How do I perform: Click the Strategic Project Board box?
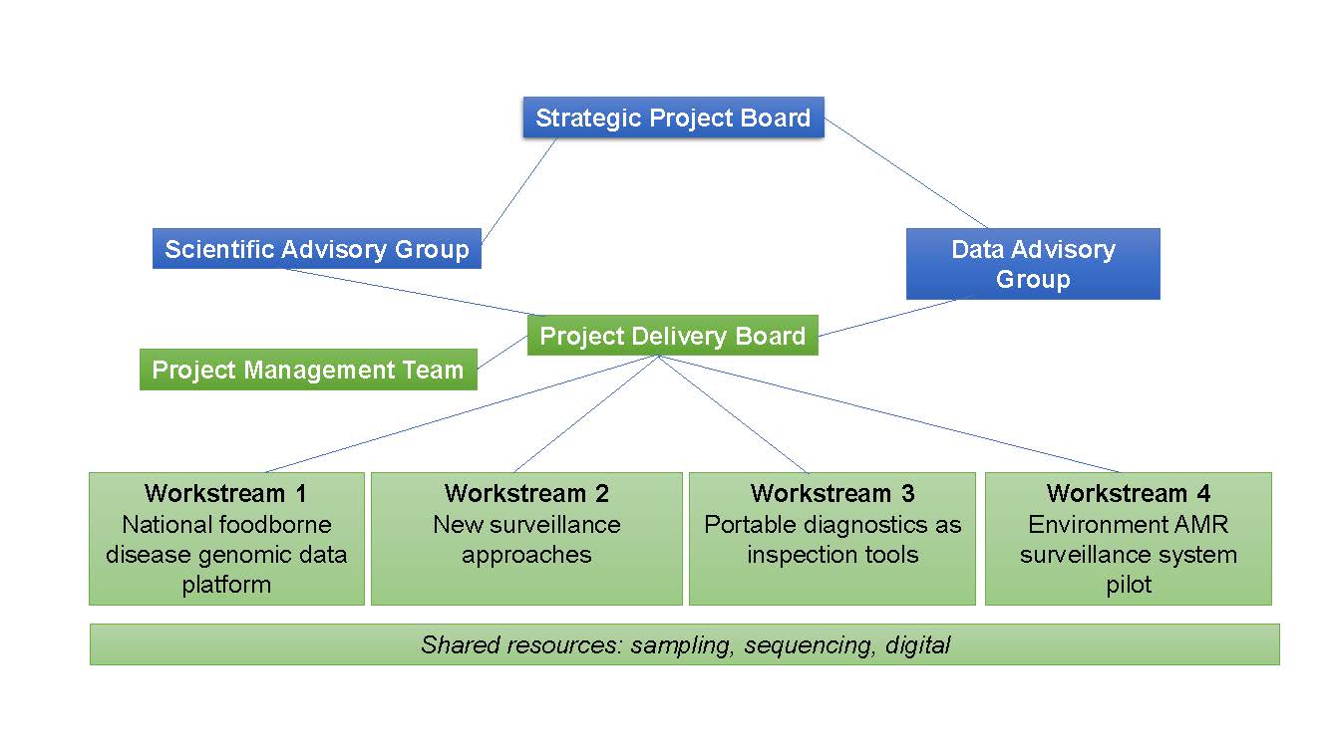pyautogui.click(x=673, y=118)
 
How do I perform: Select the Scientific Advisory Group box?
pyautogui.click(x=316, y=248)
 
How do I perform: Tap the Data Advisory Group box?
pyautogui.click(x=1033, y=264)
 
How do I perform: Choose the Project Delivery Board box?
pyautogui.click(x=673, y=335)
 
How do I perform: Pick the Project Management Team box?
pyautogui.click(x=308, y=370)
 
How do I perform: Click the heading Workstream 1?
pyautogui.click(x=225, y=493)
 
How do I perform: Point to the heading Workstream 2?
pyautogui.click(x=526, y=493)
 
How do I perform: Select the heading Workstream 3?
pyautogui.click(x=832, y=493)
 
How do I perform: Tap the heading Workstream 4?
pyautogui.click(x=1129, y=493)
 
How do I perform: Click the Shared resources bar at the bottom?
pyautogui.click(x=685, y=644)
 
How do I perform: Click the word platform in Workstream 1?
pyautogui.click(x=226, y=585)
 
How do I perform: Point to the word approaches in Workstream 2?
pyautogui.click(x=526, y=555)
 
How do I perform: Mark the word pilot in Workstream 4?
pyautogui.click(x=1129, y=585)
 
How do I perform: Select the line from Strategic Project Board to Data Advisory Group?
pyautogui.click(x=906, y=173)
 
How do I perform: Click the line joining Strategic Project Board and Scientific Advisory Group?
pyautogui.click(x=518, y=190)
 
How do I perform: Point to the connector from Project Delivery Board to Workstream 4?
pyautogui.click(x=890, y=414)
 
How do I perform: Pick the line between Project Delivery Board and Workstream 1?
pyautogui.click(x=462, y=414)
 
